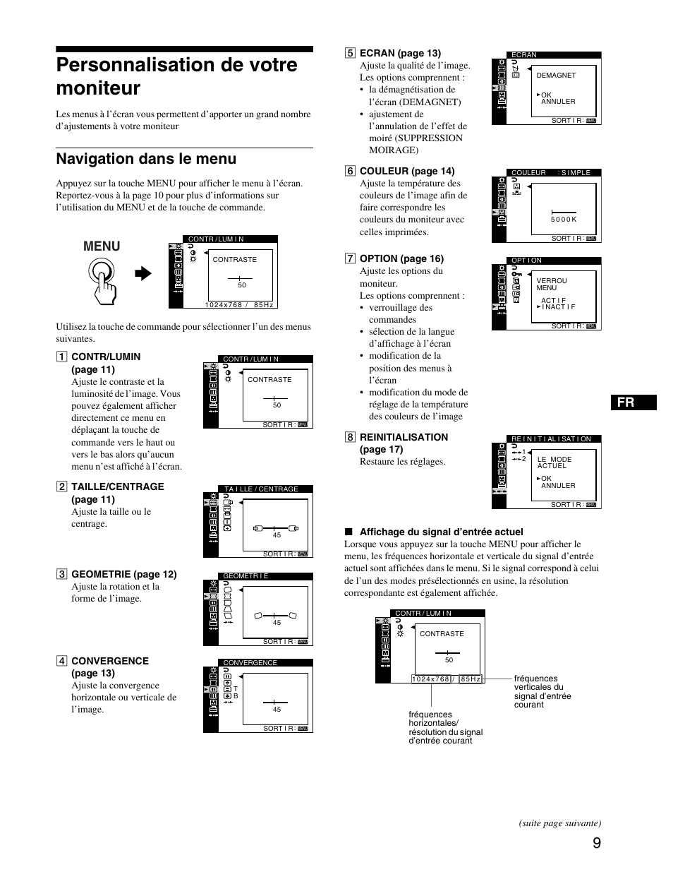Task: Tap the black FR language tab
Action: click(633, 402)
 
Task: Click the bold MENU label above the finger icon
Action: click(102, 246)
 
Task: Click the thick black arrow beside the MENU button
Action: click(143, 274)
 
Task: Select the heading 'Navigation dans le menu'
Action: click(146, 159)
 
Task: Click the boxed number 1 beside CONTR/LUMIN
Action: click(62, 357)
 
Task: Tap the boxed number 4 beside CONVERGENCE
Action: click(62, 662)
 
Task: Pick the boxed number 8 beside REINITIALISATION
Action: click(350, 437)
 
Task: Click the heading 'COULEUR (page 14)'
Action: click(407, 171)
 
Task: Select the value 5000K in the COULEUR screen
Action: click(564, 219)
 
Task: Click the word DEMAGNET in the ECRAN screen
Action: click(556, 76)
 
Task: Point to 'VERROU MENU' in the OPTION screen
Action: click(551, 284)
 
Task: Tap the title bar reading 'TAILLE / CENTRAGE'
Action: click(261, 489)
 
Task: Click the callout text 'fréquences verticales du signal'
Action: click(542, 691)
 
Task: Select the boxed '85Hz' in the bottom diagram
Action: click(471, 679)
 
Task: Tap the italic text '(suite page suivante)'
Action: click(559, 823)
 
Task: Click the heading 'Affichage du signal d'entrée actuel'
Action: click(441, 532)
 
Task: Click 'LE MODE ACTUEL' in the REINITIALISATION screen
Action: click(554, 462)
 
